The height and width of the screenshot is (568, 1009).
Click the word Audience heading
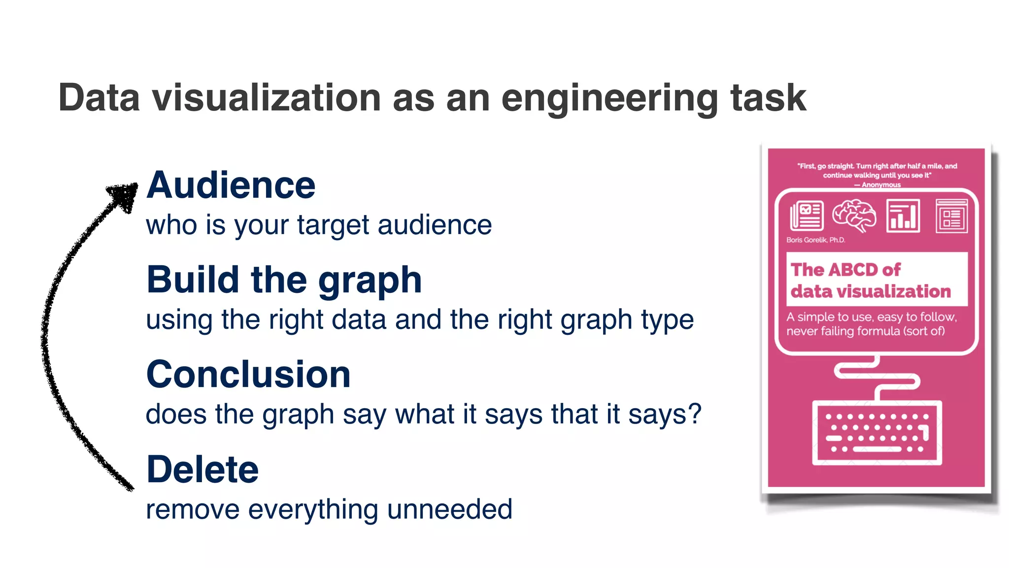(231, 185)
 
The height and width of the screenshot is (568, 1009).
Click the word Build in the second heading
(193, 280)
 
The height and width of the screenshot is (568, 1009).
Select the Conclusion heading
(248, 374)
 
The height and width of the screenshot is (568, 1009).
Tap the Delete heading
(202, 469)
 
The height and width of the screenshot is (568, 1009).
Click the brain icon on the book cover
(854, 215)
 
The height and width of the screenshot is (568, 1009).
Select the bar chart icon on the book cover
(903, 215)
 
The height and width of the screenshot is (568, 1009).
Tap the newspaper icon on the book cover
(807, 215)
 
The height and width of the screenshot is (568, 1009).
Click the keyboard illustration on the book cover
(876, 433)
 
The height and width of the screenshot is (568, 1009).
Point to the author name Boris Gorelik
(815, 240)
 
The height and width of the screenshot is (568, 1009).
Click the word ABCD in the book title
(853, 270)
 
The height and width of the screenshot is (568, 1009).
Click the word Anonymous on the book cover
(881, 185)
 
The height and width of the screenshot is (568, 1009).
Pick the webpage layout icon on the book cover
(951, 216)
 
